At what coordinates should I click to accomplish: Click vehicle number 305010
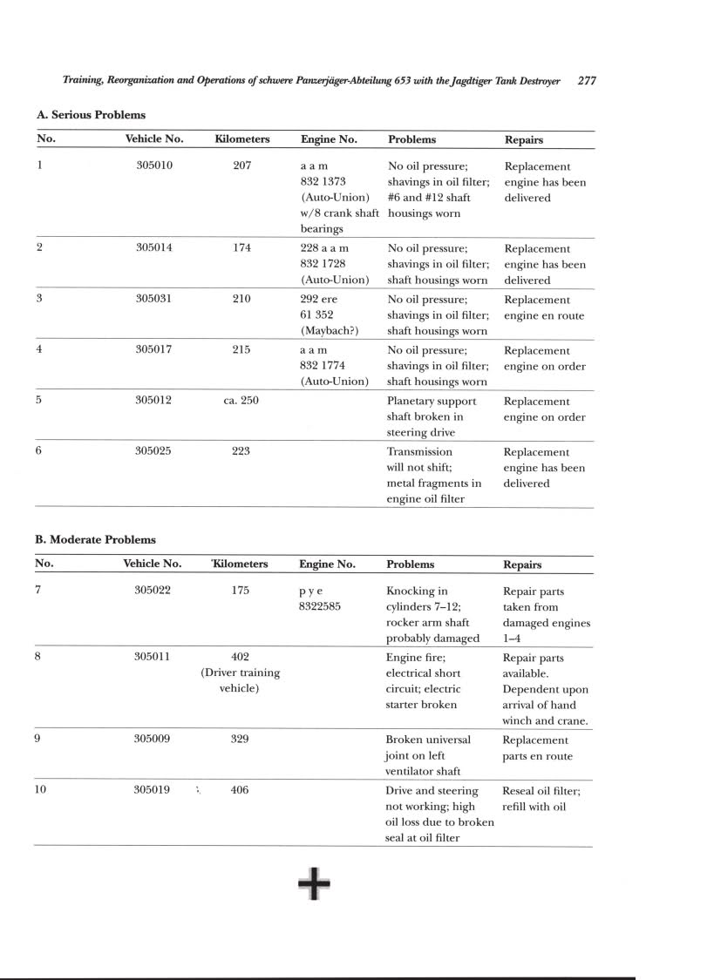click(154, 166)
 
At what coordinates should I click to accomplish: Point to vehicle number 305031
click(154, 300)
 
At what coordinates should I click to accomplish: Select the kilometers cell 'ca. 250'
click(241, 401)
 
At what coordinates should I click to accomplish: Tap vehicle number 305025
click(154, 452)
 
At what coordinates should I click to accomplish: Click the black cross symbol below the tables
click(314, 884)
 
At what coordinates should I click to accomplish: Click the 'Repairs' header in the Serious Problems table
click(523, 139)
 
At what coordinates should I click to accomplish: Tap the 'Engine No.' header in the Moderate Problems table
click(327, 564)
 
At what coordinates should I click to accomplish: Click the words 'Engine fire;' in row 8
click(414, 658)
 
